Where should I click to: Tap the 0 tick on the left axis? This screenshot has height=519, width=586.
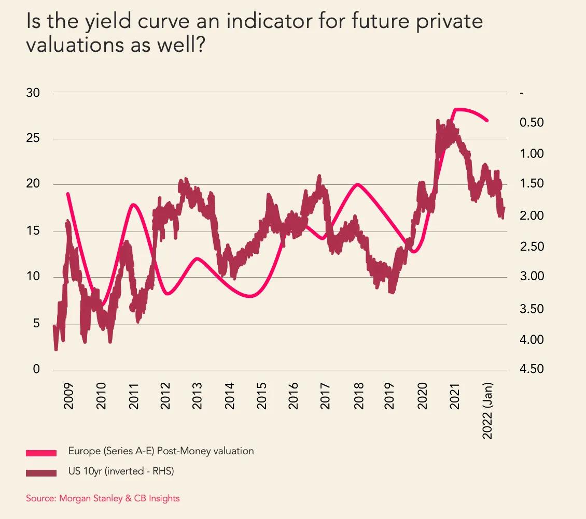point(36,369)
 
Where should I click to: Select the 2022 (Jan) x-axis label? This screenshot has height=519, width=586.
point(487,411)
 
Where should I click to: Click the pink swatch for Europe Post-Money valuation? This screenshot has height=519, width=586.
point(41,453)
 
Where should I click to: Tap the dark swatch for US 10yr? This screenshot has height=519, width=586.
point(41,472)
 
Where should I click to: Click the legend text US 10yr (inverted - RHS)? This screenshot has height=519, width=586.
point(121,471)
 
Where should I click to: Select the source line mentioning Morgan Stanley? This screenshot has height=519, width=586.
point(103,498)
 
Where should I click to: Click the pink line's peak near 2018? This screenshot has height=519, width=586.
point(357,184)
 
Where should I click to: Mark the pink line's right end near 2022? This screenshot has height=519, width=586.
point(487,121)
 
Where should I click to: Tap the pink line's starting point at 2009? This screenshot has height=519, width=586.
point(68,194)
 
